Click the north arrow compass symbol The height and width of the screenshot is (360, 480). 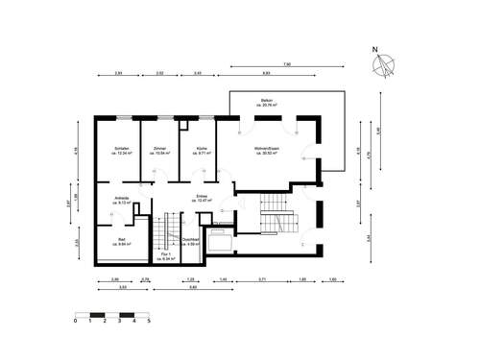click(x=384, y=64)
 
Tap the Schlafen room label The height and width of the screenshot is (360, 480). click(x=122, y=150)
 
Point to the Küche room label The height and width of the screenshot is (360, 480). click(x=202, y=150)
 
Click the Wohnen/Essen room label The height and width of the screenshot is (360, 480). click(x=266, y=150)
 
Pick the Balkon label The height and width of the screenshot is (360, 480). click(x=268, y=101)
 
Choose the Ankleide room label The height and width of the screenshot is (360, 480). click(x=122, y=199)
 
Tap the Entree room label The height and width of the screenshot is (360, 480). click(x=202, y=199)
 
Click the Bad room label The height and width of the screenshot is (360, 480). click(x=122, y=240)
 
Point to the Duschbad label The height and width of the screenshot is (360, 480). click(x=190, y=242)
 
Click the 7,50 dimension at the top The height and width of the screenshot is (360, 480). click(x=286, y=65)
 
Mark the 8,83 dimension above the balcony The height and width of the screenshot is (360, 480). click(x=266, y=73)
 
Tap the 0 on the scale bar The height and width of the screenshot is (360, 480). click(x=75, y=322)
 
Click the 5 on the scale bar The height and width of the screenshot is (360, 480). click(x=148, y=322)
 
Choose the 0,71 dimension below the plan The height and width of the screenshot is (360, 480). click(x=261, y=278)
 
